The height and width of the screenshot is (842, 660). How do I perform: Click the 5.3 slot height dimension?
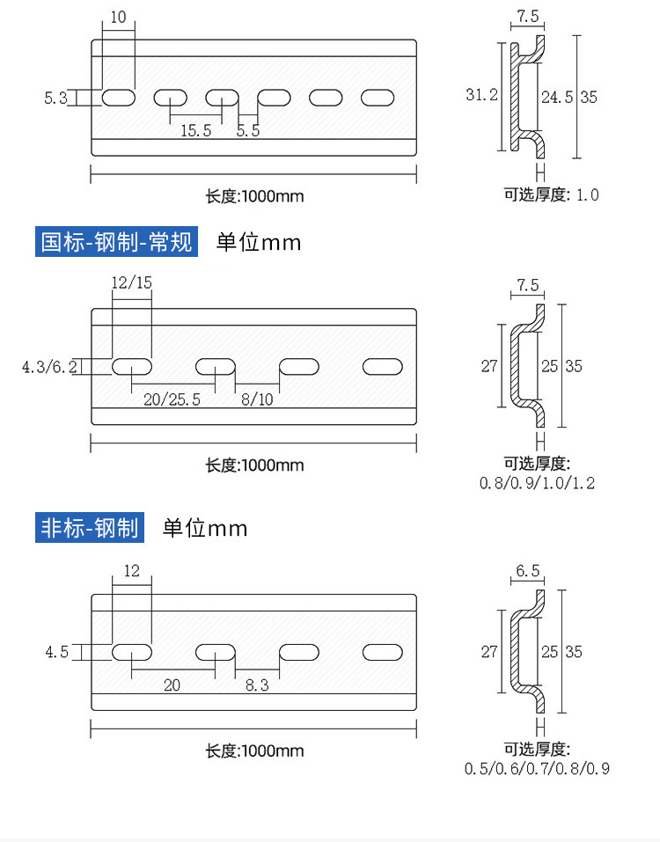point(55,99)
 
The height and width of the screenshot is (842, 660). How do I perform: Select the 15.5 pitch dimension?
point(195,130)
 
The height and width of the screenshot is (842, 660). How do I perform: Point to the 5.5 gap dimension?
point(248,130)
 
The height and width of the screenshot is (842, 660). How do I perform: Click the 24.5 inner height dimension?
point(556,97)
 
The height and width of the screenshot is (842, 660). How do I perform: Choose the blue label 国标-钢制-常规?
point(116,241)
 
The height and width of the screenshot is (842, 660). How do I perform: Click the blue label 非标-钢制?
point(90,528)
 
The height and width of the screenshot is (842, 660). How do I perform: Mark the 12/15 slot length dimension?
point(132,282)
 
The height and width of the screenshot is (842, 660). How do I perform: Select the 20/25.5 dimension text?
point(172,399)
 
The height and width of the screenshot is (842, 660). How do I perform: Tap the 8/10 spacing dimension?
point(257,399)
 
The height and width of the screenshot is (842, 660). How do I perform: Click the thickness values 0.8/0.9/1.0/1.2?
point(537,483)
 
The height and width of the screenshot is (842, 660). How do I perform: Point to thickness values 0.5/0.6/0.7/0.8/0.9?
point(537,768)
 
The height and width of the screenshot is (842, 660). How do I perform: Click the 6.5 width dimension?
point(528,571)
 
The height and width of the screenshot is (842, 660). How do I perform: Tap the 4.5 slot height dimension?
point(56,652)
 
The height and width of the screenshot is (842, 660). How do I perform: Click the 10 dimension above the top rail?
point(119,17)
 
